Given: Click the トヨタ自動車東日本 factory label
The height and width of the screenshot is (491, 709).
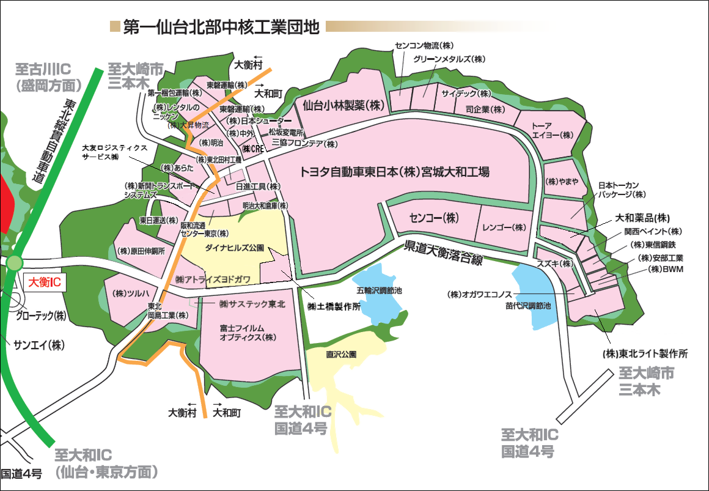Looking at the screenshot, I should pos(394,172).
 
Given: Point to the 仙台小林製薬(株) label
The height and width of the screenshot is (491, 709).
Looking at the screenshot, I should pos(346,105).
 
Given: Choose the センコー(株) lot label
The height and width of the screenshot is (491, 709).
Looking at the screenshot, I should pos(434,218).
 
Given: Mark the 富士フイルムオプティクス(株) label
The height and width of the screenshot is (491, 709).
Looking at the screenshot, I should pos(249,333).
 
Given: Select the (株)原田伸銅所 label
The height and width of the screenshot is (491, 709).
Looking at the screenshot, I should pos(140,251).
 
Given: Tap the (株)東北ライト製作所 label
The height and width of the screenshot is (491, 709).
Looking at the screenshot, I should pos(645,353).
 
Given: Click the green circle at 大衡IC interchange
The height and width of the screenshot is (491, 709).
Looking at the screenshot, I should pos(14,263).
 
